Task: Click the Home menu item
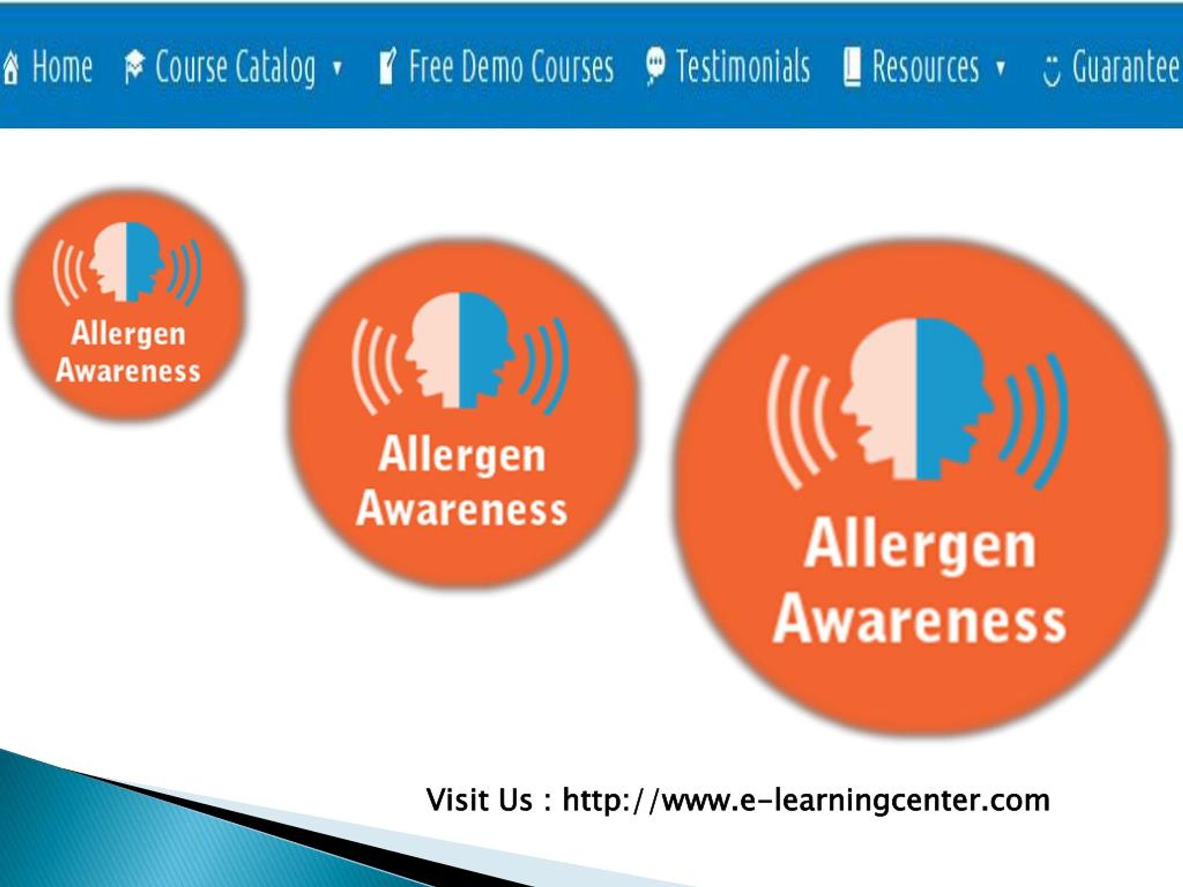tap(61, 67)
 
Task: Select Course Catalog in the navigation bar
tap(235, 67)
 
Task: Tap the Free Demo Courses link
tap(511, 67)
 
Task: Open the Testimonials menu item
tap(743, 67)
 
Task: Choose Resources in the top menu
tap(925, 67)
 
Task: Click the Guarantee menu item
tap(1125, 67)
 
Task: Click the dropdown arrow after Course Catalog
tap(337, 68)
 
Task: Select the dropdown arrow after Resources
tap(1000, 68)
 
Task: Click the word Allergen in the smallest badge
tap(128, 334)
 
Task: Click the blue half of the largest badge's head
tap(949, 395)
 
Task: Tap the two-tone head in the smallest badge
tap(127, 262)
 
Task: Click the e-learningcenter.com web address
tap(806, 801)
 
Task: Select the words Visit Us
tap(479, 801)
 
